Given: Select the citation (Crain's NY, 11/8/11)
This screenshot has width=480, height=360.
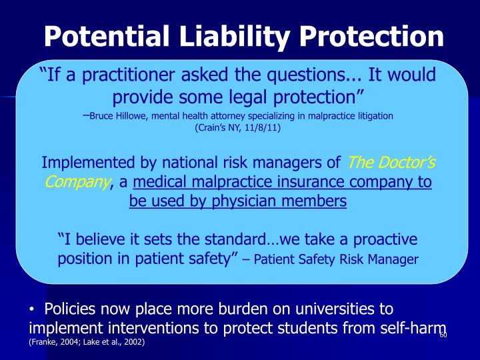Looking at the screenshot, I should click(238, 128).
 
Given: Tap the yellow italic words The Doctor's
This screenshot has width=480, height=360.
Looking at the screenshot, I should click(392, 163).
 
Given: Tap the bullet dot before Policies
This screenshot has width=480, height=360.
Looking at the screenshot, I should click(33, 310).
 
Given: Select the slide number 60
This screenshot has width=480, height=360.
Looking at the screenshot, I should click(443, 335).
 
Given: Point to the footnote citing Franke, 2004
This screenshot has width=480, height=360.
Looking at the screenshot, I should click(86, 342).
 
